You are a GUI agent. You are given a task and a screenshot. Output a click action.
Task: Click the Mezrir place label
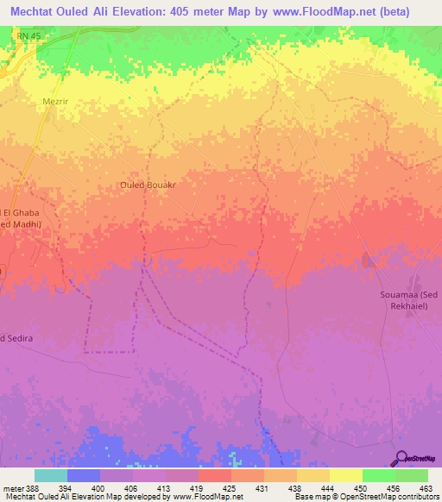click(x=54, y=100)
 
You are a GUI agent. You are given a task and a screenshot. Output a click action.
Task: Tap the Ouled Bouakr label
click(x=148, y=185)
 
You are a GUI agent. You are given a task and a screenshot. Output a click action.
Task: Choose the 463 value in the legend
click(x=427, y=487)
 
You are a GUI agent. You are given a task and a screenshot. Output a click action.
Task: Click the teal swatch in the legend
click(x=51, y=475)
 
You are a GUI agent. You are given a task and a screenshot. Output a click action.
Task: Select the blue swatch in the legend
click(x=84, y=475)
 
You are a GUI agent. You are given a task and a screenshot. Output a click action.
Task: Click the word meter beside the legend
click(x=12, y=487)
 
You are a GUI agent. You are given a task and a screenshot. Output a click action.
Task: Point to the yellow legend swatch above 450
click(x=345, y=475)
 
